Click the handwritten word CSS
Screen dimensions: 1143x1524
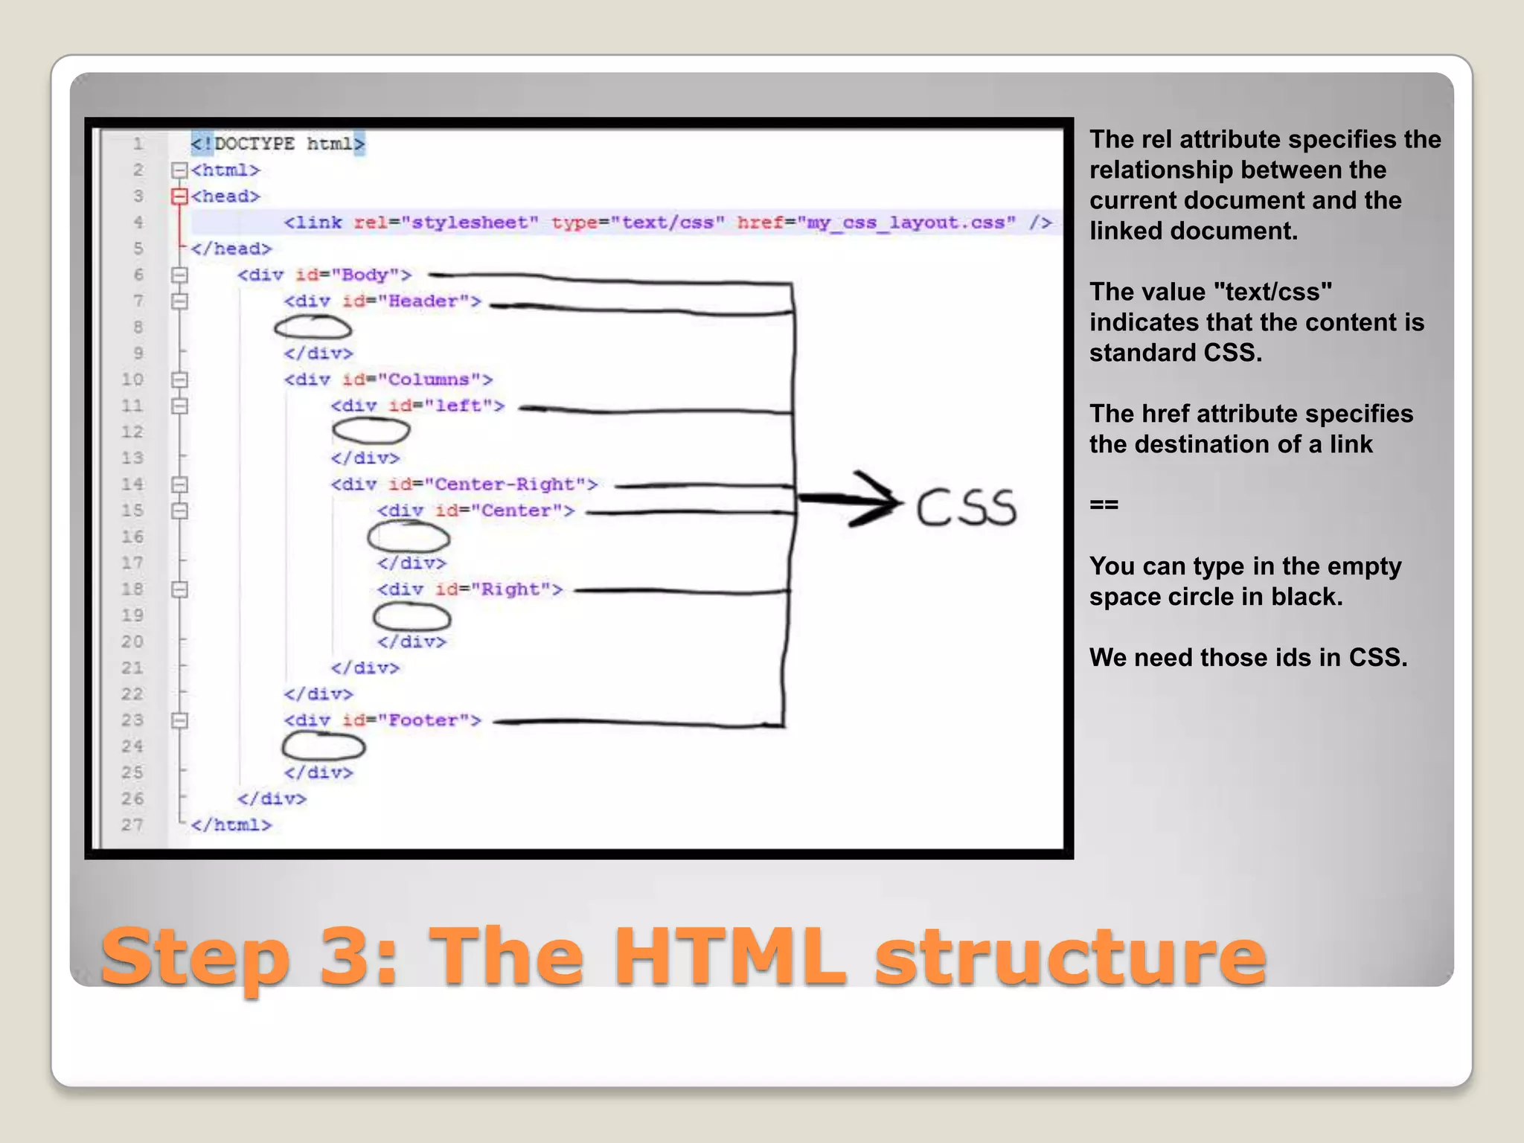pyautogui.click(x=965, y=508)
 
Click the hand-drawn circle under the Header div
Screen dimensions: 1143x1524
pyautogui.click(x=313, y=327)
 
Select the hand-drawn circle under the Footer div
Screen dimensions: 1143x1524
pyautogui.click(x=324, y=746)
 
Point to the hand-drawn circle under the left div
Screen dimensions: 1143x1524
pyautogui.click(x=371, y=431)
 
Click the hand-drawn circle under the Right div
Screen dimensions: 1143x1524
pyautogui.click(x=412, y=617)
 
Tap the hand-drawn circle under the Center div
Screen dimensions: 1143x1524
pyautogui.click(x=409, y=537)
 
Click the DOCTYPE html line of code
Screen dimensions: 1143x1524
pyautogui.click(x=278, y=144)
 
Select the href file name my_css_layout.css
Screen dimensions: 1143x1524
pyautogui.click(x=906, y=222)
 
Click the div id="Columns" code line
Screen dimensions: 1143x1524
pyautogui.click(x=388, y=380)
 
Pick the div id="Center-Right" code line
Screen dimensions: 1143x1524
pyautogui.click(x=464, y=484)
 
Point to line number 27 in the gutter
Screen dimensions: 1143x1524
pyautogui.click(x=132, y=825)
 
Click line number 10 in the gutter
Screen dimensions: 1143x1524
pyautogui.click(x=132, y=380)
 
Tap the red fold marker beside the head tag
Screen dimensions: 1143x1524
pyautogui.click(x=179, y=196)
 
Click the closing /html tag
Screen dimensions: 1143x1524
pyautogui.click(x=231, y=825)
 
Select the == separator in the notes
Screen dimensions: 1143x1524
pyautogui.click(x=1104, y=505)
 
